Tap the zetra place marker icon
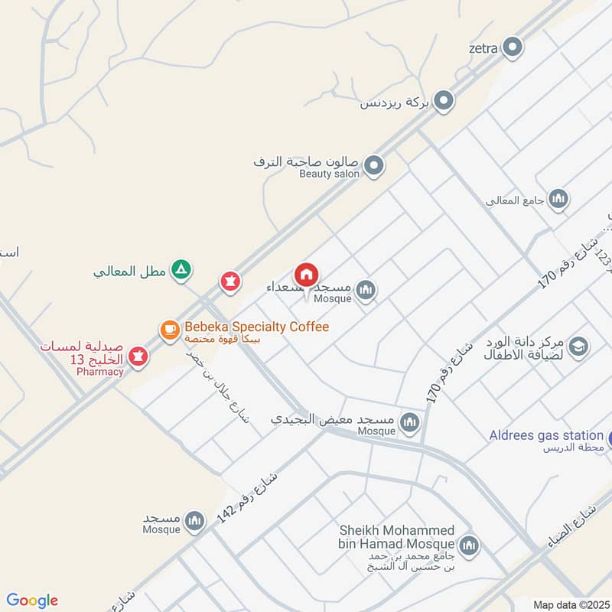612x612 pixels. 513,48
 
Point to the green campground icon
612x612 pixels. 181,270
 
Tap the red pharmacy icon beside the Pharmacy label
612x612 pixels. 138,355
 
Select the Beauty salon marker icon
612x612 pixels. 373,165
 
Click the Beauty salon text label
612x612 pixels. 329,174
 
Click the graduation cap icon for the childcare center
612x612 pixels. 579,346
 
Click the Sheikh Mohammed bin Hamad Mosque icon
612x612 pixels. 470,545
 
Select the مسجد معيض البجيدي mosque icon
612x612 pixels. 412,422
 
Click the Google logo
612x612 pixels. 32,601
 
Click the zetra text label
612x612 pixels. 483,48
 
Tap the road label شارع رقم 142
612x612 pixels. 246,496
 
